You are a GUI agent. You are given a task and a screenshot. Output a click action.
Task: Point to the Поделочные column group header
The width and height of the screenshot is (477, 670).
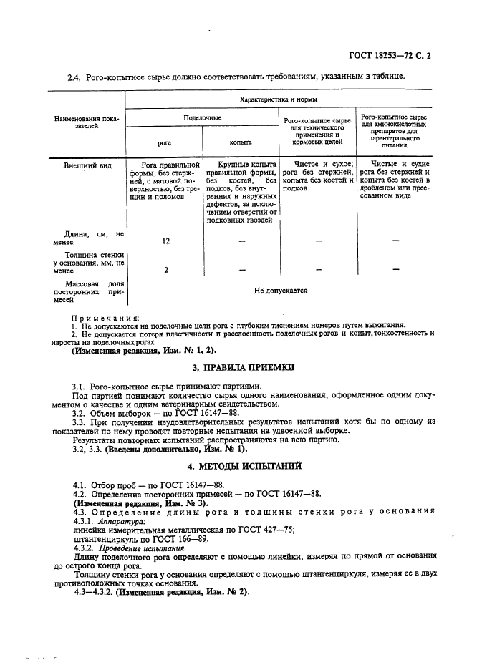(x=202, y=117)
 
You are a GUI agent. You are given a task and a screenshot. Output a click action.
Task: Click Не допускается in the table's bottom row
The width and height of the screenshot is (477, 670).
(x=280, y=291)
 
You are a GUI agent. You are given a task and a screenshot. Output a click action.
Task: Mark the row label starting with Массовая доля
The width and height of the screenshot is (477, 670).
(x=85, y=291)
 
